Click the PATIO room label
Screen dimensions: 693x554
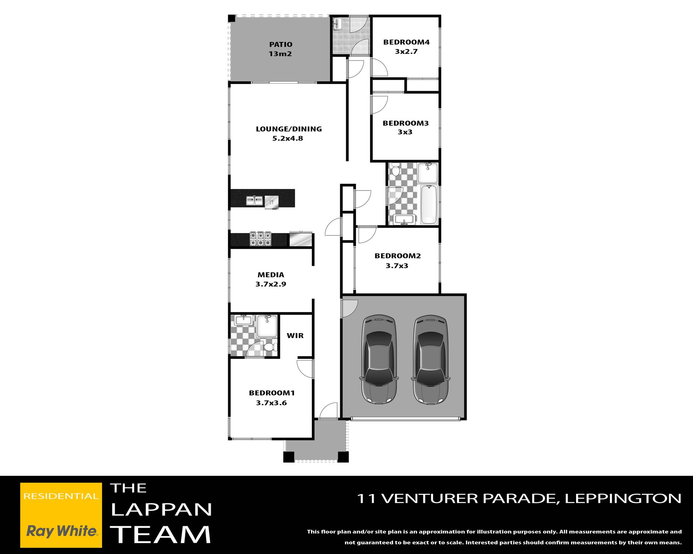[281, 44]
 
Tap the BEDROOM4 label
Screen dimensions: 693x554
[406, 42]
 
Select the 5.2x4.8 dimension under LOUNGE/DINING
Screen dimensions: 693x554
[288, 138]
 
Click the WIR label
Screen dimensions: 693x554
[295, 335]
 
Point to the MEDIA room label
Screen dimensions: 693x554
[271, 275]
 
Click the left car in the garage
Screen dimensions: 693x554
[379, 359]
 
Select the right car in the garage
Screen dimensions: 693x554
[430, 359]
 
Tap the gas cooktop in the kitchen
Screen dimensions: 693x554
[260, 239]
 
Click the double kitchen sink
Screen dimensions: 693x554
[254, 200]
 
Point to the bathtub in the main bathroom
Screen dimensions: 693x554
[429, 205]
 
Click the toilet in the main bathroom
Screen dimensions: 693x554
[396, 170]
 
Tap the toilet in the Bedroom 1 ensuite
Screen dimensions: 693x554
[270, 347]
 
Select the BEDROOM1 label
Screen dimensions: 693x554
[272, 393]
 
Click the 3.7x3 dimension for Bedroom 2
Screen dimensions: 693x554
[397, 266]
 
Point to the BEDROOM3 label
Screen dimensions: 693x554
[406, 123]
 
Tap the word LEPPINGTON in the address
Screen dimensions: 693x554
[623, 498]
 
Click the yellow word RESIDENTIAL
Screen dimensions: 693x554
[61, 496]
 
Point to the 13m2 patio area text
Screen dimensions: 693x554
[280, 54]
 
